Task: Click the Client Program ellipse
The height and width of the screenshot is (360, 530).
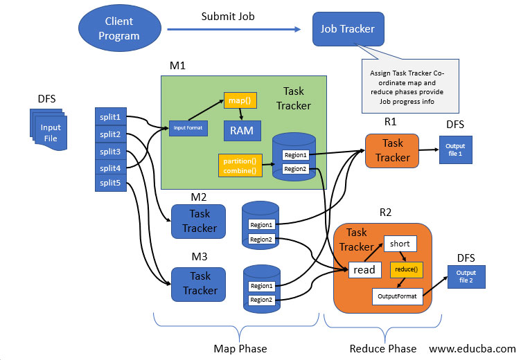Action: pos(118,29)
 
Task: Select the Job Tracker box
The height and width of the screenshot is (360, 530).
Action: pos(347,29)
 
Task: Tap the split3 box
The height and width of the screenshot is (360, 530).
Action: pos(109,152)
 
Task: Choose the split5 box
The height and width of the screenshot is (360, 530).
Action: pos(109,183)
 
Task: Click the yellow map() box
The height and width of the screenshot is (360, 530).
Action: pos(240,101)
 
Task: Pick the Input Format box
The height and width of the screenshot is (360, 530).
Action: pos(188,127)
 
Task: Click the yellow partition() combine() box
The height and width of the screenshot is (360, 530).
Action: pos(240,165)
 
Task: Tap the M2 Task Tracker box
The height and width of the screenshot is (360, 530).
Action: pos(199,222)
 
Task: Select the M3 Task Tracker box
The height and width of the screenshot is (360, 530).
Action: pos(199,284)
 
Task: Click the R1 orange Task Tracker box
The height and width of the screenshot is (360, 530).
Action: pos(392,151)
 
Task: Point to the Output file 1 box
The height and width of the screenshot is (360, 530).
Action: pos(455,150)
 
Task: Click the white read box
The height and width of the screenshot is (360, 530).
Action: pos(364,270)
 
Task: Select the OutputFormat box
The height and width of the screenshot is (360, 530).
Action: pos(398,296)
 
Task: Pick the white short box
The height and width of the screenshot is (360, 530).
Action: pos(400,244)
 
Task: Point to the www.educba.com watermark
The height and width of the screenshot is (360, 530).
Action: pos(472,348)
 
